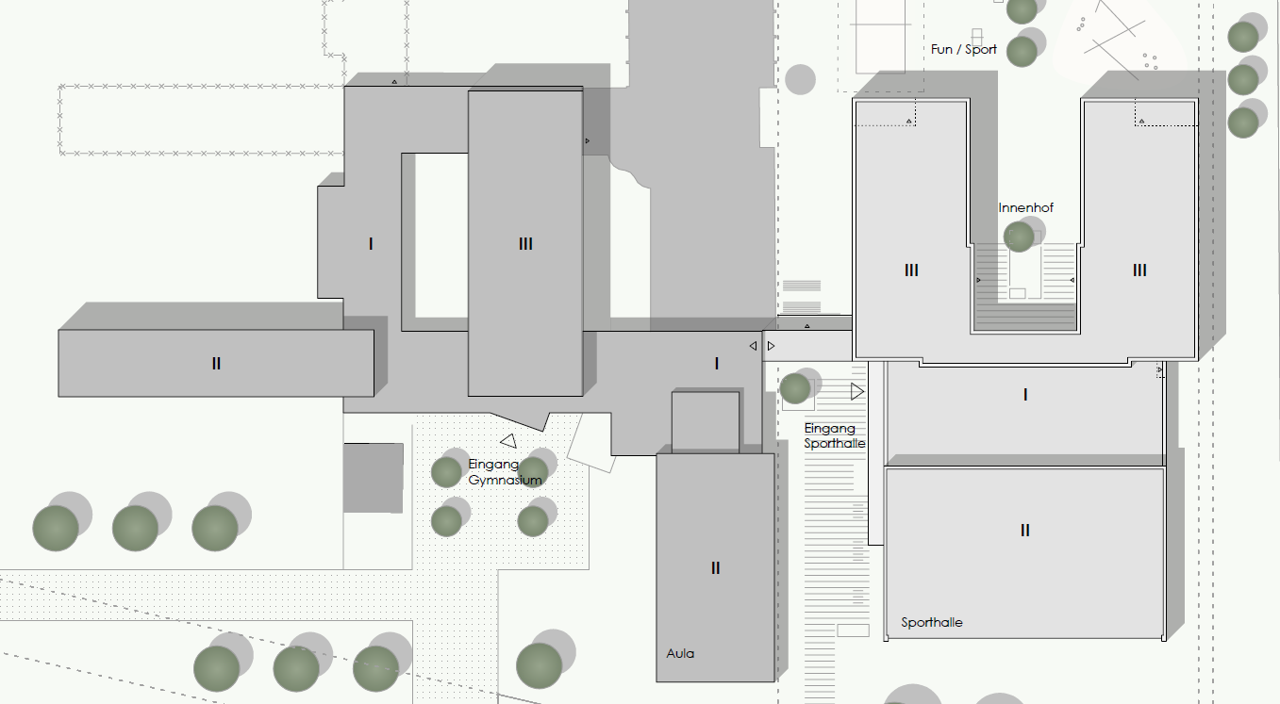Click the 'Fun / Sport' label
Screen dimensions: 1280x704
coord(963,50)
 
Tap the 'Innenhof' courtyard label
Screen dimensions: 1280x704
coord(1025,208)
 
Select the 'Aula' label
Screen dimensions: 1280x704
coord(680,654)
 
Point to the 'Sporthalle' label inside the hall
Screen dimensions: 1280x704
coord(932,622)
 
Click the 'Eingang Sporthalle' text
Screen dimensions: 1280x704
coord(834,435)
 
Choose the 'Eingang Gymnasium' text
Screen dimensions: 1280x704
coord(505,472)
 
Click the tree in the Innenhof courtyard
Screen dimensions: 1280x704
coord(1019,237)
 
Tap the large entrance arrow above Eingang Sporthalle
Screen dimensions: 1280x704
coord(857,392)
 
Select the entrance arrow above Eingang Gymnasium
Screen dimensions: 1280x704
coord(508,441)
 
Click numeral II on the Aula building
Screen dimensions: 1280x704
coord(715,568)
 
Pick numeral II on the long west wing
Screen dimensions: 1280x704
coord(216,364)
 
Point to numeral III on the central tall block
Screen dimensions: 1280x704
coord(525,244)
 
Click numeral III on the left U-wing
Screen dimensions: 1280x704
coord(911,270)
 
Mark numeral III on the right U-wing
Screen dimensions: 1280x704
coord(1139,270)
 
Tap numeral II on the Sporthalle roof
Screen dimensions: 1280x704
coord(1025,531)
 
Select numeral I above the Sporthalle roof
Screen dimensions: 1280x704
coord(1025,395)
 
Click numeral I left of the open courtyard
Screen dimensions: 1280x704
coord(371,244)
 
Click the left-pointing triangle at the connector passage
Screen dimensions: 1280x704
coord(753,346)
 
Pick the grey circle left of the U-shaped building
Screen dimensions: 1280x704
coord(800,79)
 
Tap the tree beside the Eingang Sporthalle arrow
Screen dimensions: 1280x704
coord(795,388)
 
